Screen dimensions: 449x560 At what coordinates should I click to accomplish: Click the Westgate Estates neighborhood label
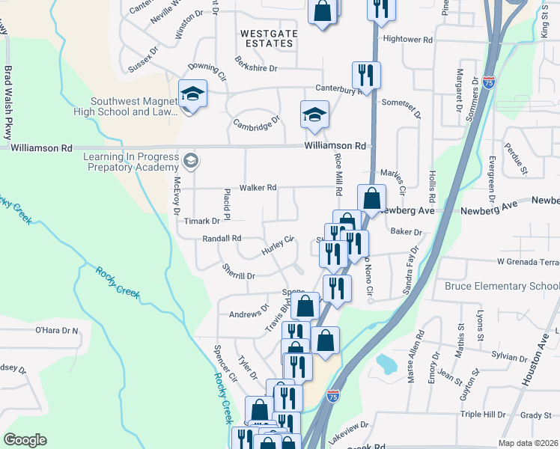(268, 38)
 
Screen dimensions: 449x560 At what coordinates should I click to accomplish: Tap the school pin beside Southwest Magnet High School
(192, 94)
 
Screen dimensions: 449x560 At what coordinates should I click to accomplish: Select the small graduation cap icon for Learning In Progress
(191, 160)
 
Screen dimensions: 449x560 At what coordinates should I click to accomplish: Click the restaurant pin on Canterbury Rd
(366, 74)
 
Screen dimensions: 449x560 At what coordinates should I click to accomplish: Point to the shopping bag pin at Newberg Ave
(371, 198)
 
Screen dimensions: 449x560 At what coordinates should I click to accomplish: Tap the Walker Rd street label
(258, 188)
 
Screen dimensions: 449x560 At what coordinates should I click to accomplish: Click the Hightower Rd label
(408, 39)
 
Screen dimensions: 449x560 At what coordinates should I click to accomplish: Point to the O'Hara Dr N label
(57, 330)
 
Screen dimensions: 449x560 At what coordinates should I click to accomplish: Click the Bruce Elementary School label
(502, 287)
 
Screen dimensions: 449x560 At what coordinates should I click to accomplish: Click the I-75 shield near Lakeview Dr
(333, 394)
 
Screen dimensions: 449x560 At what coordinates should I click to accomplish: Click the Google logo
(25, 439)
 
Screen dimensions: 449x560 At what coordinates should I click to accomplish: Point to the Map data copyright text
(529, 443)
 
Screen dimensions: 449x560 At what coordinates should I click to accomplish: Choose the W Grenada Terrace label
(528, 263)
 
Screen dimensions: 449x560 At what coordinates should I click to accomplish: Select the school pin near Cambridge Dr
(314, 114)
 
